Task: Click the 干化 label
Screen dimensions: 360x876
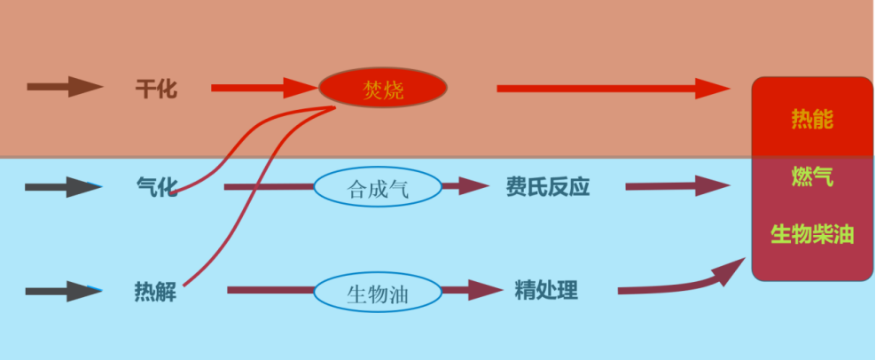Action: point(156,89)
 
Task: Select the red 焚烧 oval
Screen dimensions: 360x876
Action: point(383,87)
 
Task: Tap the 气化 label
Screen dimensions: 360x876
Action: point(157,186)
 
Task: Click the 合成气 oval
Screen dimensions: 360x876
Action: point(378,186)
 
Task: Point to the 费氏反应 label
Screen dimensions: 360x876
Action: point(548,186)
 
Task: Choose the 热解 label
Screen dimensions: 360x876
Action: point(155,291)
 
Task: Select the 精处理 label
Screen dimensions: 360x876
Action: point(546,290)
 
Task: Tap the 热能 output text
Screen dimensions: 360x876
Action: point(812,119)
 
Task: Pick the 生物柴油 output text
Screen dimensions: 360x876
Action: point(812,234)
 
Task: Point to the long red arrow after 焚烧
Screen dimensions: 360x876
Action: point(612,89)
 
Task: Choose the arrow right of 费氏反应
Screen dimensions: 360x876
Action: point(677,186)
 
